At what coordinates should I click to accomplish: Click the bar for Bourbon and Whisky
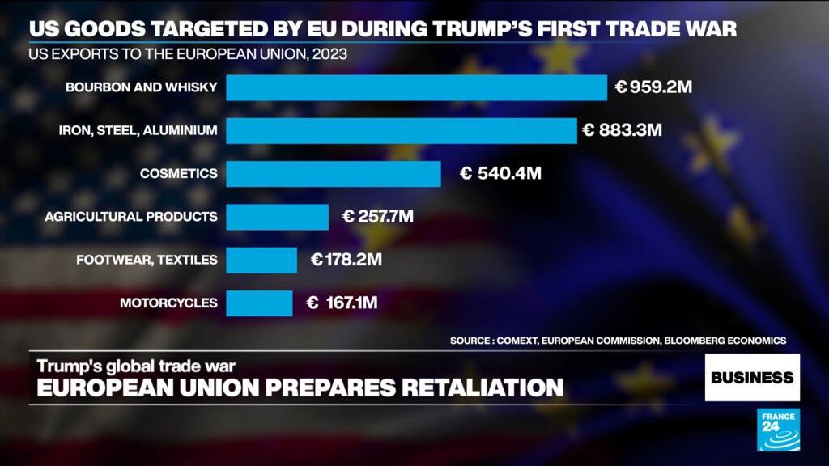[x=416, y=87]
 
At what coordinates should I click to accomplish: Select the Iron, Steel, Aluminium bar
[x=402, y=130]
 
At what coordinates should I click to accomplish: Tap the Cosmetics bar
[x=334, y=173]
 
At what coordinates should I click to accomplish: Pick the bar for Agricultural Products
[x=277, y=217]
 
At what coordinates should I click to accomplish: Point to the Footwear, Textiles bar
[x=261, y=260]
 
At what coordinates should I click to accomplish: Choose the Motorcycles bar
[x=259, y=303]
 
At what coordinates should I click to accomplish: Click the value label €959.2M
[x=653, y=87]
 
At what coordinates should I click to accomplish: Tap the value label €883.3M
[x=622, y=130]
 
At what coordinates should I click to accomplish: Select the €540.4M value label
[x=500, y=173]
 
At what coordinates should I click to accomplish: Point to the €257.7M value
[x=378, y=217]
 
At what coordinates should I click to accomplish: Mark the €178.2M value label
[x=346, y=260]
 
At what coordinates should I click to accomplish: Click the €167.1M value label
[x=342, y=303]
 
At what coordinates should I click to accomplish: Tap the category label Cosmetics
[x=178, y=173]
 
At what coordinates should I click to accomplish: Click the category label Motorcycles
[x=168, y=303]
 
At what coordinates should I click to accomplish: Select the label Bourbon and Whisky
[x=142, y=87]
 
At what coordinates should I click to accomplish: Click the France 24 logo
[x=778, y=430]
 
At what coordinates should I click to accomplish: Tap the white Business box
[x=752, y=377]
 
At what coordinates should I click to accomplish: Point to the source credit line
[x=618, y=341]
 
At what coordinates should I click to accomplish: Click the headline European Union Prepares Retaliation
[x=296, y=387]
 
